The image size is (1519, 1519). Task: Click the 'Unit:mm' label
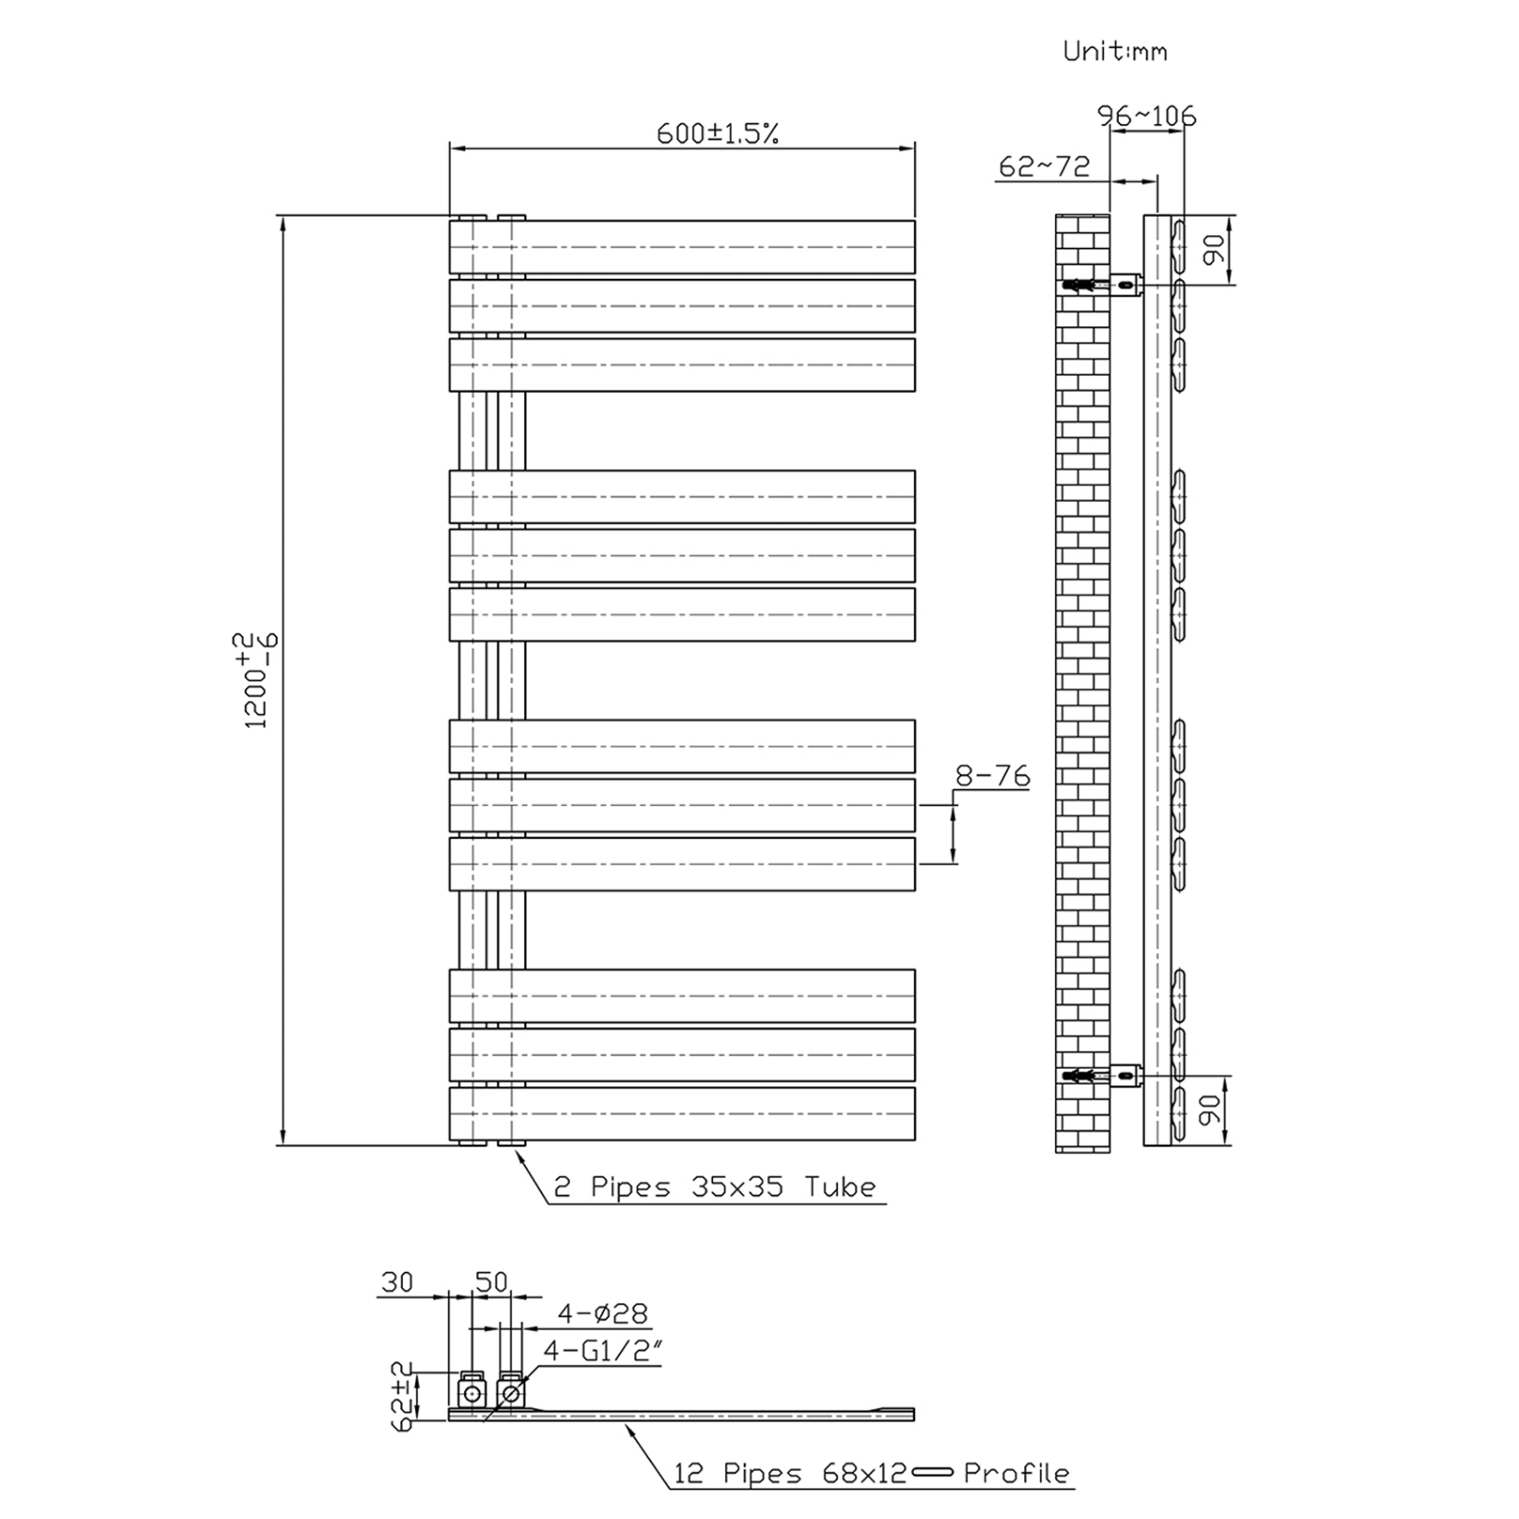(1114, 51)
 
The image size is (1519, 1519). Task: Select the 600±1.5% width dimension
(717, 133)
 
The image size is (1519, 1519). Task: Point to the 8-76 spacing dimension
(991, 776)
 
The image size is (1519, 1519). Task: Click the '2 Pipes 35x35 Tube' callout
(714, 1187)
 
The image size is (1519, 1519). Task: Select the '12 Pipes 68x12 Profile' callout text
(871, 1473)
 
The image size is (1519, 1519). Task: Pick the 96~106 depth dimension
(1147, 116)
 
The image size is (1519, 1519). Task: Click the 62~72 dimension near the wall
(1044, 167)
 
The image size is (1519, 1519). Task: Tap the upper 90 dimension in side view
(1214, 249)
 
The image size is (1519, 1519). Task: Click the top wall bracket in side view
(1124, 285)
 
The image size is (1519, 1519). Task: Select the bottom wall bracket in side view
(1124, 1075)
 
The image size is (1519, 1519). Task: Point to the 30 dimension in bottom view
(396, 1282)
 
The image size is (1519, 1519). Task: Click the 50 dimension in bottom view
(491, 1282)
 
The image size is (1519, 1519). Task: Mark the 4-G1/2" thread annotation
(602, 1350)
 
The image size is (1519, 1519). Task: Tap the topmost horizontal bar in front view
(682, 247)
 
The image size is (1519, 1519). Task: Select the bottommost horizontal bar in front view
(682, 1113)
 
